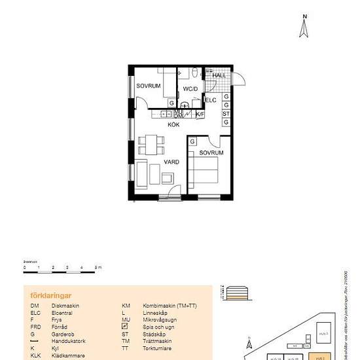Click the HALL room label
219,75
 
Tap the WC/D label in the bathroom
190,88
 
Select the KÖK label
173,124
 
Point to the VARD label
171,162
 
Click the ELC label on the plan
211,100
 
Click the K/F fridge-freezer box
200,114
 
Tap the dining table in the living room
152,143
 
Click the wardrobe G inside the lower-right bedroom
193,141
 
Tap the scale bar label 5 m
98,268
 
